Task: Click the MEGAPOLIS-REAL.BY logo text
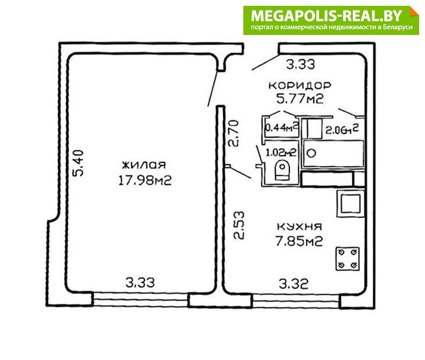327,16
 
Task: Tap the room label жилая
144,165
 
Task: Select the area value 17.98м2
145,180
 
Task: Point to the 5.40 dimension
78,163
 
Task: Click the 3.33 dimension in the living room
140,283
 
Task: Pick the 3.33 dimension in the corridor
300,65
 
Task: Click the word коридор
300,86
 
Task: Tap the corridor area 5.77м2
300,98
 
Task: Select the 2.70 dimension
233,133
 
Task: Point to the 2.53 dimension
239,225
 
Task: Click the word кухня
299,227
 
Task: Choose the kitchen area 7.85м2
299,241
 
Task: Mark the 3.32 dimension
293,284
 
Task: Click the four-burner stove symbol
348,259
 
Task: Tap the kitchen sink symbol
350,204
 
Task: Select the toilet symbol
282,170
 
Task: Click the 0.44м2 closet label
282,127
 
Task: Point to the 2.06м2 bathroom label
342,129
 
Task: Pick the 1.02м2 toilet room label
281,153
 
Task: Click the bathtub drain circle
311,153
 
